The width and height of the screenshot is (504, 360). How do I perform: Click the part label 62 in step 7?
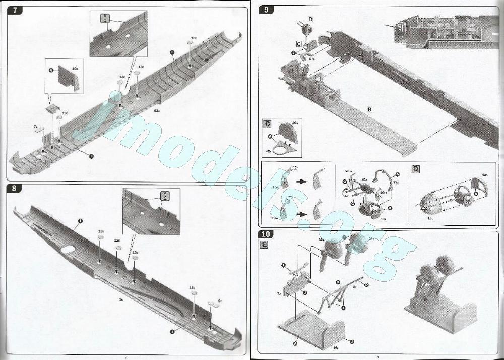[x=157, y=110]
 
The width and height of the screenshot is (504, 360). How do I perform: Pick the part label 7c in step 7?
[x=36, y=126]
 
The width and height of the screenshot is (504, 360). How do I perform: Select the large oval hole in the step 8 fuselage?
[x=66, y=249]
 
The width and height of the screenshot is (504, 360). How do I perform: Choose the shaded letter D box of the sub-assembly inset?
[x=416, y=168]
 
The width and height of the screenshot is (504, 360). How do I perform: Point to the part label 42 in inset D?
[x=485, y=174]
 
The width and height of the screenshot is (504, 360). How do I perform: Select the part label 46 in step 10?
[x=336, y=348]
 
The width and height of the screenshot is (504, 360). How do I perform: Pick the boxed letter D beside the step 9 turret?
[x=310, y=19]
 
